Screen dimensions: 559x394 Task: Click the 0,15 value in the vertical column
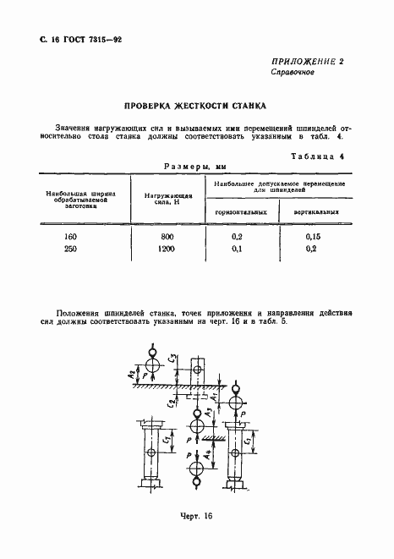(315, 238)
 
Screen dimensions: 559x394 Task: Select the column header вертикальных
(316, 211)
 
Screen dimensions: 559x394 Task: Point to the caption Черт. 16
(197, 516)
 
